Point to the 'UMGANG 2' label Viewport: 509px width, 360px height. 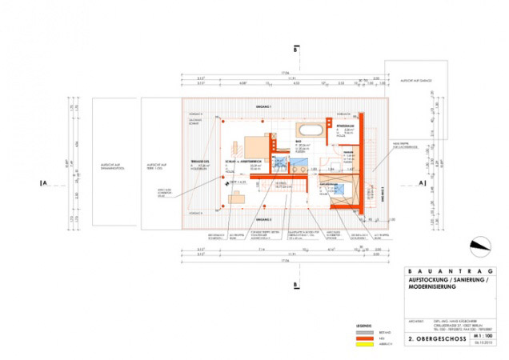pos(264,218)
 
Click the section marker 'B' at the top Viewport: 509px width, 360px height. pos(296,50)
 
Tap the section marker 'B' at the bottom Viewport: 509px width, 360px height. pos(296,284)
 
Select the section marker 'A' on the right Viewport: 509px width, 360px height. pos(422,182)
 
